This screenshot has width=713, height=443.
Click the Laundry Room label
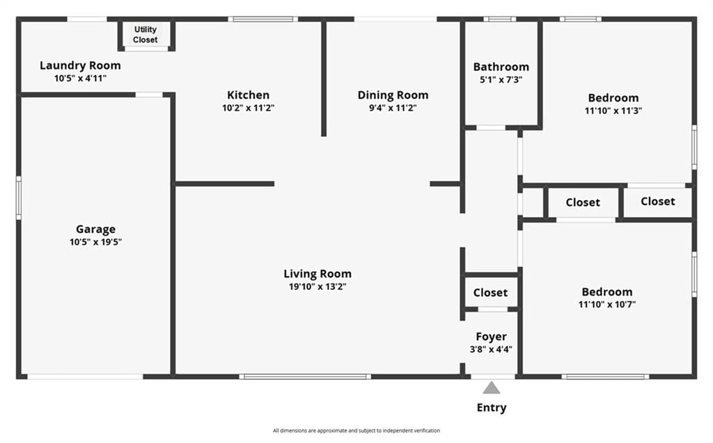pos(80,66)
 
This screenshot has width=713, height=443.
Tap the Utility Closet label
pos(146,35)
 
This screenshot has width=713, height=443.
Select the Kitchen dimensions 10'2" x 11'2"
pos(248,108)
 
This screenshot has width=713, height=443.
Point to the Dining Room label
pos(393,95)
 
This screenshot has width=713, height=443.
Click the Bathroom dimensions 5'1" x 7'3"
pos(501,80)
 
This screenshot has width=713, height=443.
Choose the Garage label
pos(95,229)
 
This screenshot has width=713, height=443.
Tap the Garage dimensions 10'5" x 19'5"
pos(95,242)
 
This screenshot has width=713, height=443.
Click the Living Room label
pos(318,274)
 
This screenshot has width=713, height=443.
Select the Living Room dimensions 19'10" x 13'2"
pos(318,287)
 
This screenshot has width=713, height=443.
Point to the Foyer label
pos(491,337)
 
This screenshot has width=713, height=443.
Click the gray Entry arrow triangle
pos(491,388)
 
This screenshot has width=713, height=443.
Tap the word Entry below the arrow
pos(491,408)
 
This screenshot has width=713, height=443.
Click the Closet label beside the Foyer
pos(490,293)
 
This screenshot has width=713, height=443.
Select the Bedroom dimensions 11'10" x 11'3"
pos(613,111)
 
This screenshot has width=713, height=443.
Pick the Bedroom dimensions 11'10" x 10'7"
pos(607,305)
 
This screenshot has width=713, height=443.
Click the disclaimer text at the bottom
pos(356,430)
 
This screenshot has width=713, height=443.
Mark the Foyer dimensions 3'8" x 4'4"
pos(491,349)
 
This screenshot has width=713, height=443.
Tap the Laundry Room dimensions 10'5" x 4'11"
pos(80,78)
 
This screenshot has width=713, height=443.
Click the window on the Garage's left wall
pos(19,198)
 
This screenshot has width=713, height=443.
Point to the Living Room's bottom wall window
pos(305,377)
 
